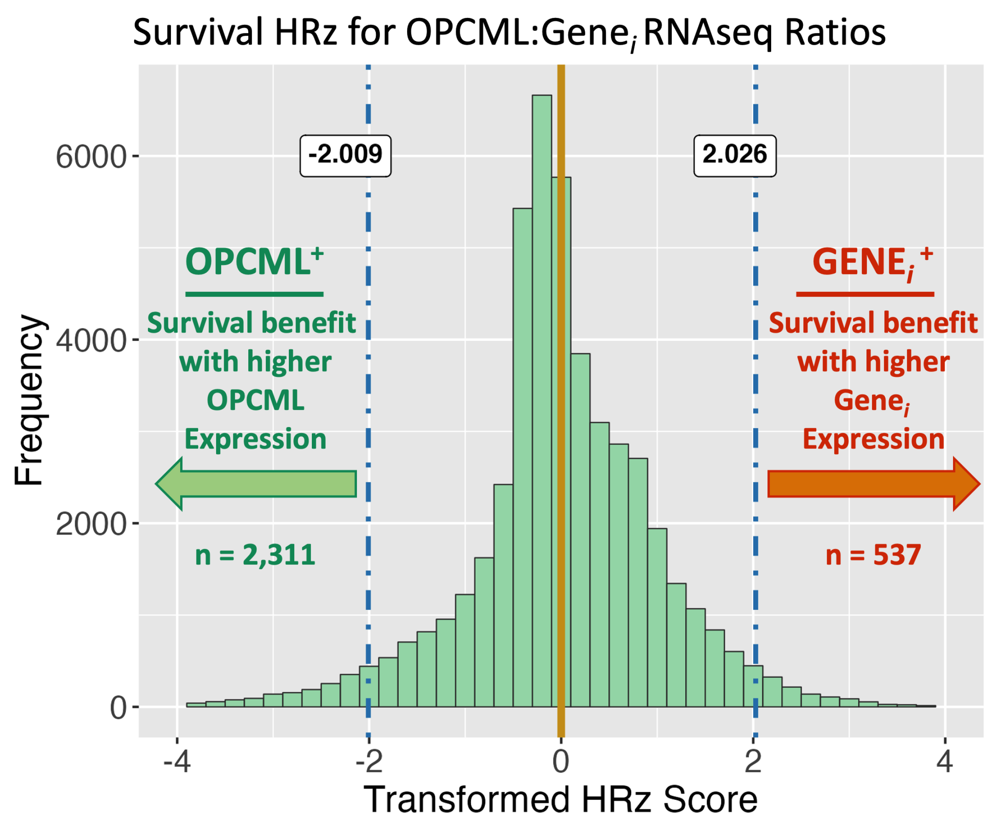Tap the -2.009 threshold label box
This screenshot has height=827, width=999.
click(345, 156)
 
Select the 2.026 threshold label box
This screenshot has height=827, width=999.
click(734, 156)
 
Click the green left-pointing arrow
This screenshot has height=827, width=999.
click(257, 484)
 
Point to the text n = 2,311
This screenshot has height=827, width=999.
click(255, 555)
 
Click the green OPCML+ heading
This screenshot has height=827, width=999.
click(255, 262)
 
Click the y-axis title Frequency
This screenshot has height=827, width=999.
click(30, 400)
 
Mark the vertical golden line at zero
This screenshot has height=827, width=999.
click(561, 428)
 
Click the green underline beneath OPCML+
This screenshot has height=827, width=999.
click(255, 294)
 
